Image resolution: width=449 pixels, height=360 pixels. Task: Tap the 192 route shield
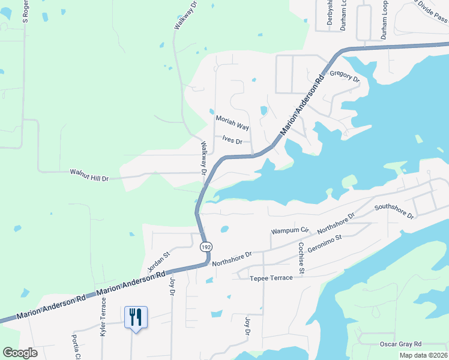[206, 247]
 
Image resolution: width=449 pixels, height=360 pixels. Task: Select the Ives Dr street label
[232, 141]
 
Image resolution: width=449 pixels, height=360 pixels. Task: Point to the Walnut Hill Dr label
[89, 178]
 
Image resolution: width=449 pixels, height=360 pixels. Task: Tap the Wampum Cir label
[289, 230]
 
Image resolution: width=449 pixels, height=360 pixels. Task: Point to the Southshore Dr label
[394, 211]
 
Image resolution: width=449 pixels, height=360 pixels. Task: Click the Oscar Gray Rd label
[401, 344]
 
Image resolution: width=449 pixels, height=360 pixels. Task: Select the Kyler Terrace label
[103, 319]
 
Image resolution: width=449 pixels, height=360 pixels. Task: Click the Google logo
[20, 353]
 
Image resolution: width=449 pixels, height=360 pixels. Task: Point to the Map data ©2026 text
[424, 355]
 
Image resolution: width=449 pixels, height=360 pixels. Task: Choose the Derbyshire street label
[330, 13]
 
